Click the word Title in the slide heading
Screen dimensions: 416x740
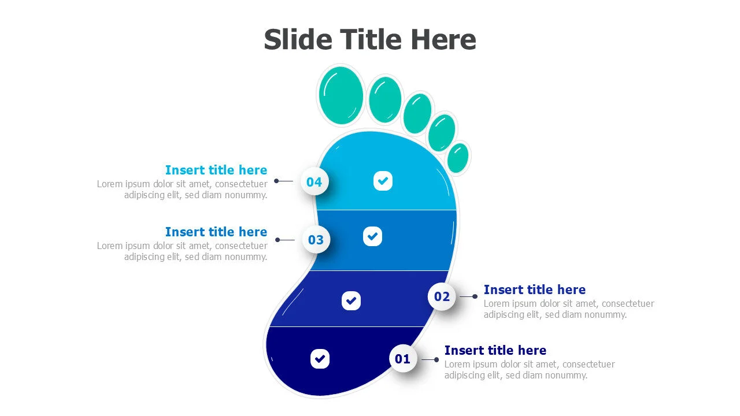[371, 40]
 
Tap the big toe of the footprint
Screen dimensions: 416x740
[341, 95]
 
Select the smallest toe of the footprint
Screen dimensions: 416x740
[458, 158]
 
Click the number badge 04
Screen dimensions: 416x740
[314, 182]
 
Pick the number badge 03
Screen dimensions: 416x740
[316, 240]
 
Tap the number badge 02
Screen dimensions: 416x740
[442, 296]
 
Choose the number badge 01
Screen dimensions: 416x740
[402, 359]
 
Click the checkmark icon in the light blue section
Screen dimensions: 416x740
[382, 181]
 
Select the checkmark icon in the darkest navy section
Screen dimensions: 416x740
[320, 358]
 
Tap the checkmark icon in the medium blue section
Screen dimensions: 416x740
[372, 236]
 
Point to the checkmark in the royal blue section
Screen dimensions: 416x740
[351, 300]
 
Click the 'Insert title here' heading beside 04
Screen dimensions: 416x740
[216, 170]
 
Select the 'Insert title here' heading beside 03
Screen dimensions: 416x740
[216, 232]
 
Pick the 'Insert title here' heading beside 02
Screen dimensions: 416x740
[534, 289]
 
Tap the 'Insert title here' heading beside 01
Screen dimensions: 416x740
[495, 350]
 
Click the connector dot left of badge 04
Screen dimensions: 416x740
[276, 181]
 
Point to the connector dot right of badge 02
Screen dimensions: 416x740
[475, 296]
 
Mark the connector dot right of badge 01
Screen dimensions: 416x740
[436, 359]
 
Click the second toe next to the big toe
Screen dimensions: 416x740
[385, 99]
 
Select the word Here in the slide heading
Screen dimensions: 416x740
[443, 40]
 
